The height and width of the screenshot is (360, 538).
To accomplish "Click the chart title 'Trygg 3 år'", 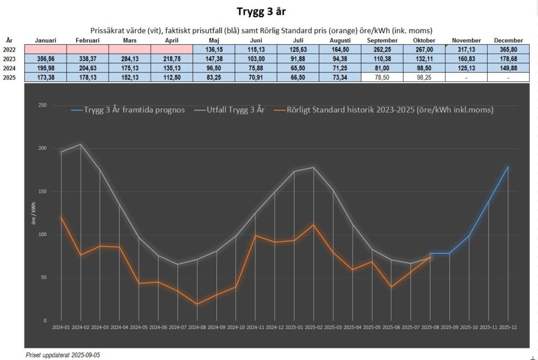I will (x=268, y=12).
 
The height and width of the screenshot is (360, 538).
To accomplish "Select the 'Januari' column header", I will (x=46, y=40).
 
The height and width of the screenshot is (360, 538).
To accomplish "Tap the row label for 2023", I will (x=9, y=58).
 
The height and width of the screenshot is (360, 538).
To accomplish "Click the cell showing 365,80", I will (x=508, y=49).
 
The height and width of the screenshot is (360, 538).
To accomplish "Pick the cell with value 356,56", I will (x=46, y=58).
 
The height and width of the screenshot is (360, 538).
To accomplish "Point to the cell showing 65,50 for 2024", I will (x=298, y=68).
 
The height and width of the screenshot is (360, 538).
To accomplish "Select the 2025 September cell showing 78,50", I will (x=382, y=77).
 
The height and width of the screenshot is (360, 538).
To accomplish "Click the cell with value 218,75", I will (x=171, y=58).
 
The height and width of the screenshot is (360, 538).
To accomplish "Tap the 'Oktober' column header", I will (x=424, y=40).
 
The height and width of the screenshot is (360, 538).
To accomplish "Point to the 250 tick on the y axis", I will (x=43, y=106).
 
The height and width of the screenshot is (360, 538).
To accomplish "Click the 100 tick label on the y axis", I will (x=43, y=234).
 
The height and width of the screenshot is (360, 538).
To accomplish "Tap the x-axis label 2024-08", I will (x=197, y=327).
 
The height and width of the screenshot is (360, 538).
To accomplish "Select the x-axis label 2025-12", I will (x=508, y=327).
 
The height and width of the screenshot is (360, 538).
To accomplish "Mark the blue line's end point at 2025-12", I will (x=508, y=167).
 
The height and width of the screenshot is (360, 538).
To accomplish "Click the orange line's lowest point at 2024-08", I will (x=197, y=304).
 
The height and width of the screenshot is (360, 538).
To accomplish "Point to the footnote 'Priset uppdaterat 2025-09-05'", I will (x=63, y=355).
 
